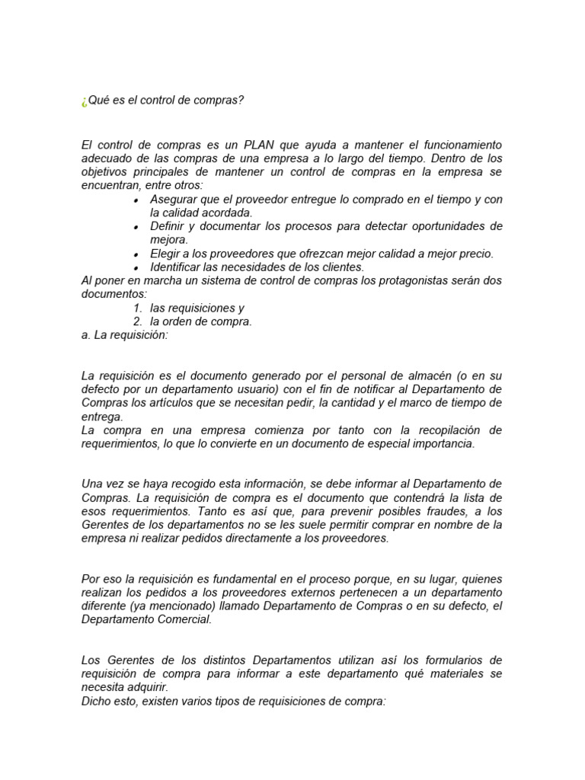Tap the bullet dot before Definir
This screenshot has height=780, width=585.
click(x=135, y=227)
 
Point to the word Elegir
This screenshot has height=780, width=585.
click(x=165, y=254)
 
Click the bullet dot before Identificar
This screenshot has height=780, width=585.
click(x=135, y=268)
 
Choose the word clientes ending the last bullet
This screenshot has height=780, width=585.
click(x=344, y=267)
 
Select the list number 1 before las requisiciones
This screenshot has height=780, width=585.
click(x=137, y=308)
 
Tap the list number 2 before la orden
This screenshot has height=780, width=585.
click(x=137, y=321)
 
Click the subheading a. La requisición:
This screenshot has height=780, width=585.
click(x=123, y=335)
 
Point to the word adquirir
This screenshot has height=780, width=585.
click(x=145, y=686)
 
